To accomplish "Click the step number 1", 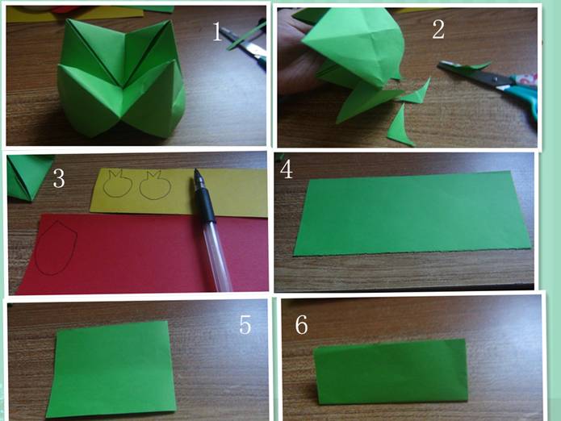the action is pyautogui.click(x=217, y=31).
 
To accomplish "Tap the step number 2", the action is pyautogui.click(x=438, y=29).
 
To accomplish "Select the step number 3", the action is pyautogui.click(x=59, y=178).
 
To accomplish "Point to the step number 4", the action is pyautogui.click(x=287, y=169).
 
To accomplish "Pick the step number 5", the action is pyautogui.click(x=245, y=324).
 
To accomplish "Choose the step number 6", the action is pyautogui.click(x=301, y=324).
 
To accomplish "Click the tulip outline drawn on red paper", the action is pyautogui.click(x=57, y=248).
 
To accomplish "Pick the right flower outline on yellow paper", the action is pyautogui.click(x=155, y=185).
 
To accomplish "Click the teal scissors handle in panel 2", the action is pyautogui.click(x=523, y=94).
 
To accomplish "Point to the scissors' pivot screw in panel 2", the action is pyautogui.click(x=496, y=78).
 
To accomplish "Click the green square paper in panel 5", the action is pyautogui.click(x=111, y=369).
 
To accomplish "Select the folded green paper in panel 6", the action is pyautogui.click(x=391, y=372).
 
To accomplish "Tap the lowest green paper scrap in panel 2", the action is pyautogui.click(x=400, y=126).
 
